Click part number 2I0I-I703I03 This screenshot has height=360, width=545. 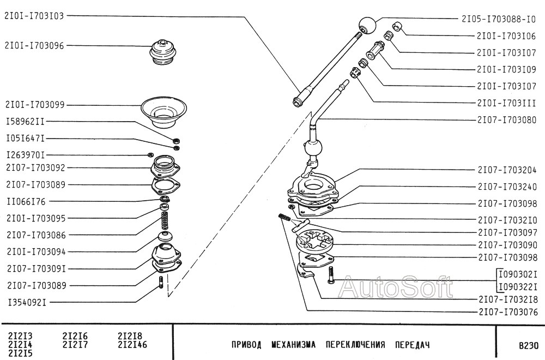pos(34,16)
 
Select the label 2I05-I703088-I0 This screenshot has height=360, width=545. pos(499,19)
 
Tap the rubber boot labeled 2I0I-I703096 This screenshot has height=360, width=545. pos(163,52)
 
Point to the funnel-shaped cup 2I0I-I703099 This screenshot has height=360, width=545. pos(163,112)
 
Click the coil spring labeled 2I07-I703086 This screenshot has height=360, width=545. pos(165,220)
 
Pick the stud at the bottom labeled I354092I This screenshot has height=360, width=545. pos(161,282)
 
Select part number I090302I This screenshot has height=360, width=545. pos(518,274)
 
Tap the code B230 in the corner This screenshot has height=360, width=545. pos(528,345)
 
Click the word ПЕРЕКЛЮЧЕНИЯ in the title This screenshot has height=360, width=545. pos(355,345)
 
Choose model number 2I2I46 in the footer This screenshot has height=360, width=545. pos(132,345)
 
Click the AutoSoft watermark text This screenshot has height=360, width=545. pos(396,287)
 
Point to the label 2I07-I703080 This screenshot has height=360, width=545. pos(507,120)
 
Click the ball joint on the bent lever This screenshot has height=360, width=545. pos(314,148)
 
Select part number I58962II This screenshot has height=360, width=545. pos(26,122)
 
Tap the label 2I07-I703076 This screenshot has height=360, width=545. pos(508,312)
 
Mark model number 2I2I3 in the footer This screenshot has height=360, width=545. pos(20,337)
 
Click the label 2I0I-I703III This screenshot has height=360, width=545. pos(506,103)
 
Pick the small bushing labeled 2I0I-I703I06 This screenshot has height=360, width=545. pos(397,27)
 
